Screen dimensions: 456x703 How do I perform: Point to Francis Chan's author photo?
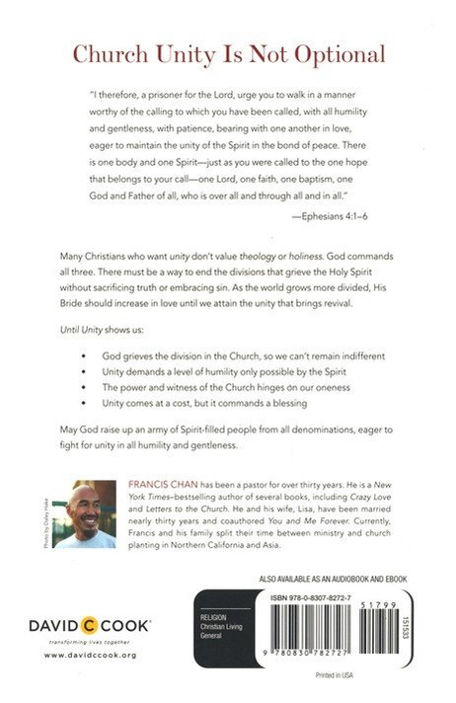(x=86, y=513)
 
